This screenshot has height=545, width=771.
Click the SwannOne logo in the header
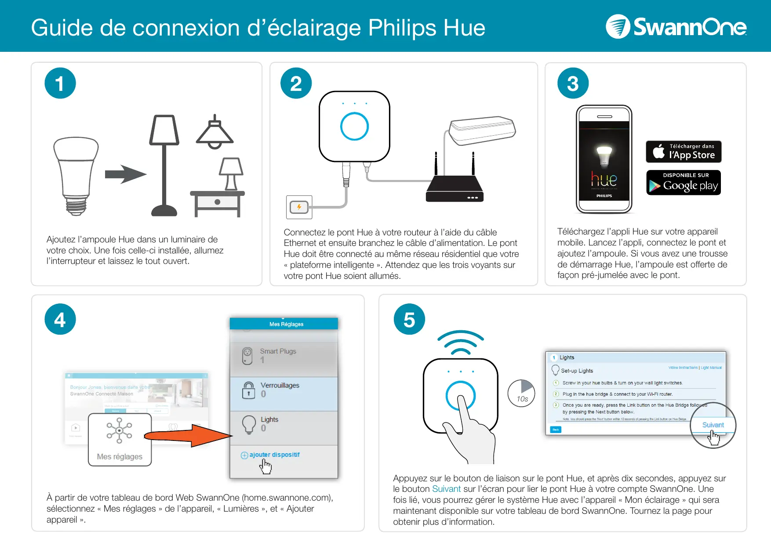tap(676, 27)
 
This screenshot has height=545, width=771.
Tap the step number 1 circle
tap(60, 83)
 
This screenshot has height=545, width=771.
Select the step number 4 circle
tap(60, 319)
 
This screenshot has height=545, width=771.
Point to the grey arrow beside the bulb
tap(125, 174)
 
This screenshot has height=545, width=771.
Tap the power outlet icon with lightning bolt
tap(299, 207)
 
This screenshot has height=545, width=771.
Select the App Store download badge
tap(684, 152)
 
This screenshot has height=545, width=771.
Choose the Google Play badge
tap(684, 183)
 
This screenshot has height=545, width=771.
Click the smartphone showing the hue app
tap(604, 159)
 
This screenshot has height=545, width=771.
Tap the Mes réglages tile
tap(120, 440)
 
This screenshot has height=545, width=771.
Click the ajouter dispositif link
tap(274, 455)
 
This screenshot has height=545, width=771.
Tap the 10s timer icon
tap(521, 393)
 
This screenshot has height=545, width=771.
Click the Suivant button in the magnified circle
tap(713, 425)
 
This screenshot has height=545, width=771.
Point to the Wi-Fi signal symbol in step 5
tap(460, 343)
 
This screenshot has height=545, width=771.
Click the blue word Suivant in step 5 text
tap(446, 489)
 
